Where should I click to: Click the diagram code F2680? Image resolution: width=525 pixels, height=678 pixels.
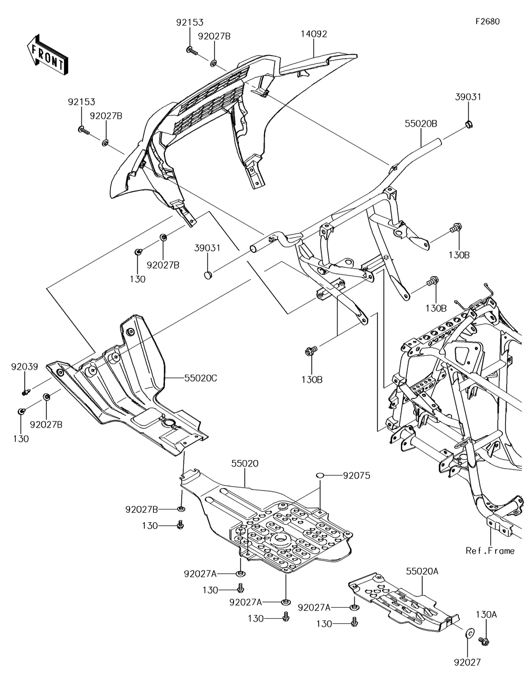pyautogui.click(x=488, y=22)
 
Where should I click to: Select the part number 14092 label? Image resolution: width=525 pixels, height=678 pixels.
pyautogui.click(x=314, y=34)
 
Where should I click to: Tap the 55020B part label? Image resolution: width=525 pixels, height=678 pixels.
pyautogui.click(x=421, y=123)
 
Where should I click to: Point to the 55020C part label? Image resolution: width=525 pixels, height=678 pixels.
pyautogui.click(x=201, y=378)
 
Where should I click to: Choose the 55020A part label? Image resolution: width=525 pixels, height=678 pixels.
pyautogui.click(x=422, y=571)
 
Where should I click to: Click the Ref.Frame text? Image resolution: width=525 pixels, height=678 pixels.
pyautogui.click(x=490, y=550)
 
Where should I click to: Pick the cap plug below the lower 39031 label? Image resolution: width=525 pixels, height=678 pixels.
pyautogui.click(x=207, y=274)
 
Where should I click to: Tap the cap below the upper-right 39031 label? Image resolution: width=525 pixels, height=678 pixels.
pyautogui.click(x=469, y=124)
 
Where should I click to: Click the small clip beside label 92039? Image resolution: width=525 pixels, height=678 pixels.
pyautogui.click(x=26, y=391)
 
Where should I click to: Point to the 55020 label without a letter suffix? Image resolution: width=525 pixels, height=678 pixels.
pyautogui.click(x=245, y=463)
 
